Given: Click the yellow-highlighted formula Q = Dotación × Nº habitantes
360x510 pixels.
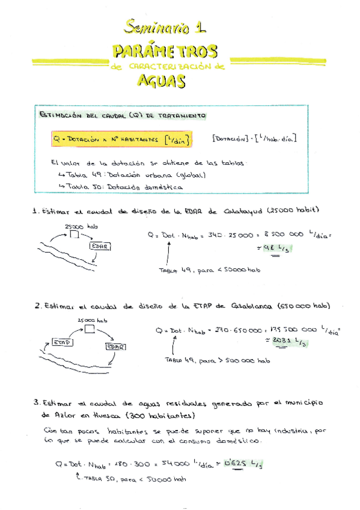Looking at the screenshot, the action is click(122, 140).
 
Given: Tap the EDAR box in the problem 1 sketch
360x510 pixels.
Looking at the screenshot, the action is click(99, 246).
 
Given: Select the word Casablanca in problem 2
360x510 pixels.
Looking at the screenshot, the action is click(251, 306).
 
